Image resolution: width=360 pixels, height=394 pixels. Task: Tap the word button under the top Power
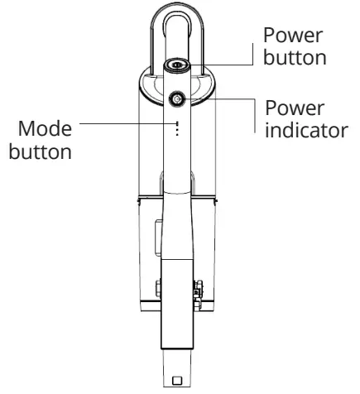(290, 60)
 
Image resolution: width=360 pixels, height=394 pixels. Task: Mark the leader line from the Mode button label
(124, 126)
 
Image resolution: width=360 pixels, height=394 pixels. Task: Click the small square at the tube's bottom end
(177, 381)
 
